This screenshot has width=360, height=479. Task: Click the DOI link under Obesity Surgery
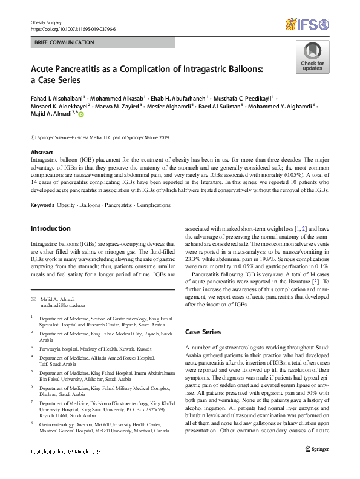pyautogui.click(x=73, y=29)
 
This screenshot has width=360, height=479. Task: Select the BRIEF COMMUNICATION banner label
pyautogui.click(x=64, y=42)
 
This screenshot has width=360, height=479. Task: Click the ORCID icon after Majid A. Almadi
pyautogui.click(x=81, y=114)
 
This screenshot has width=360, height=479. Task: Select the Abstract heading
pyautogui.click(x=42, y=153)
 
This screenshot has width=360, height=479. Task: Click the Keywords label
pyautogui.click(x=43, y=205)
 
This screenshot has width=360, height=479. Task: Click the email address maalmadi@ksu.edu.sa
pyautogui.click(x=62, y=306)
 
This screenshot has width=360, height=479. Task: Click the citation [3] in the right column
pyautogui.click(x=315, y=282)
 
